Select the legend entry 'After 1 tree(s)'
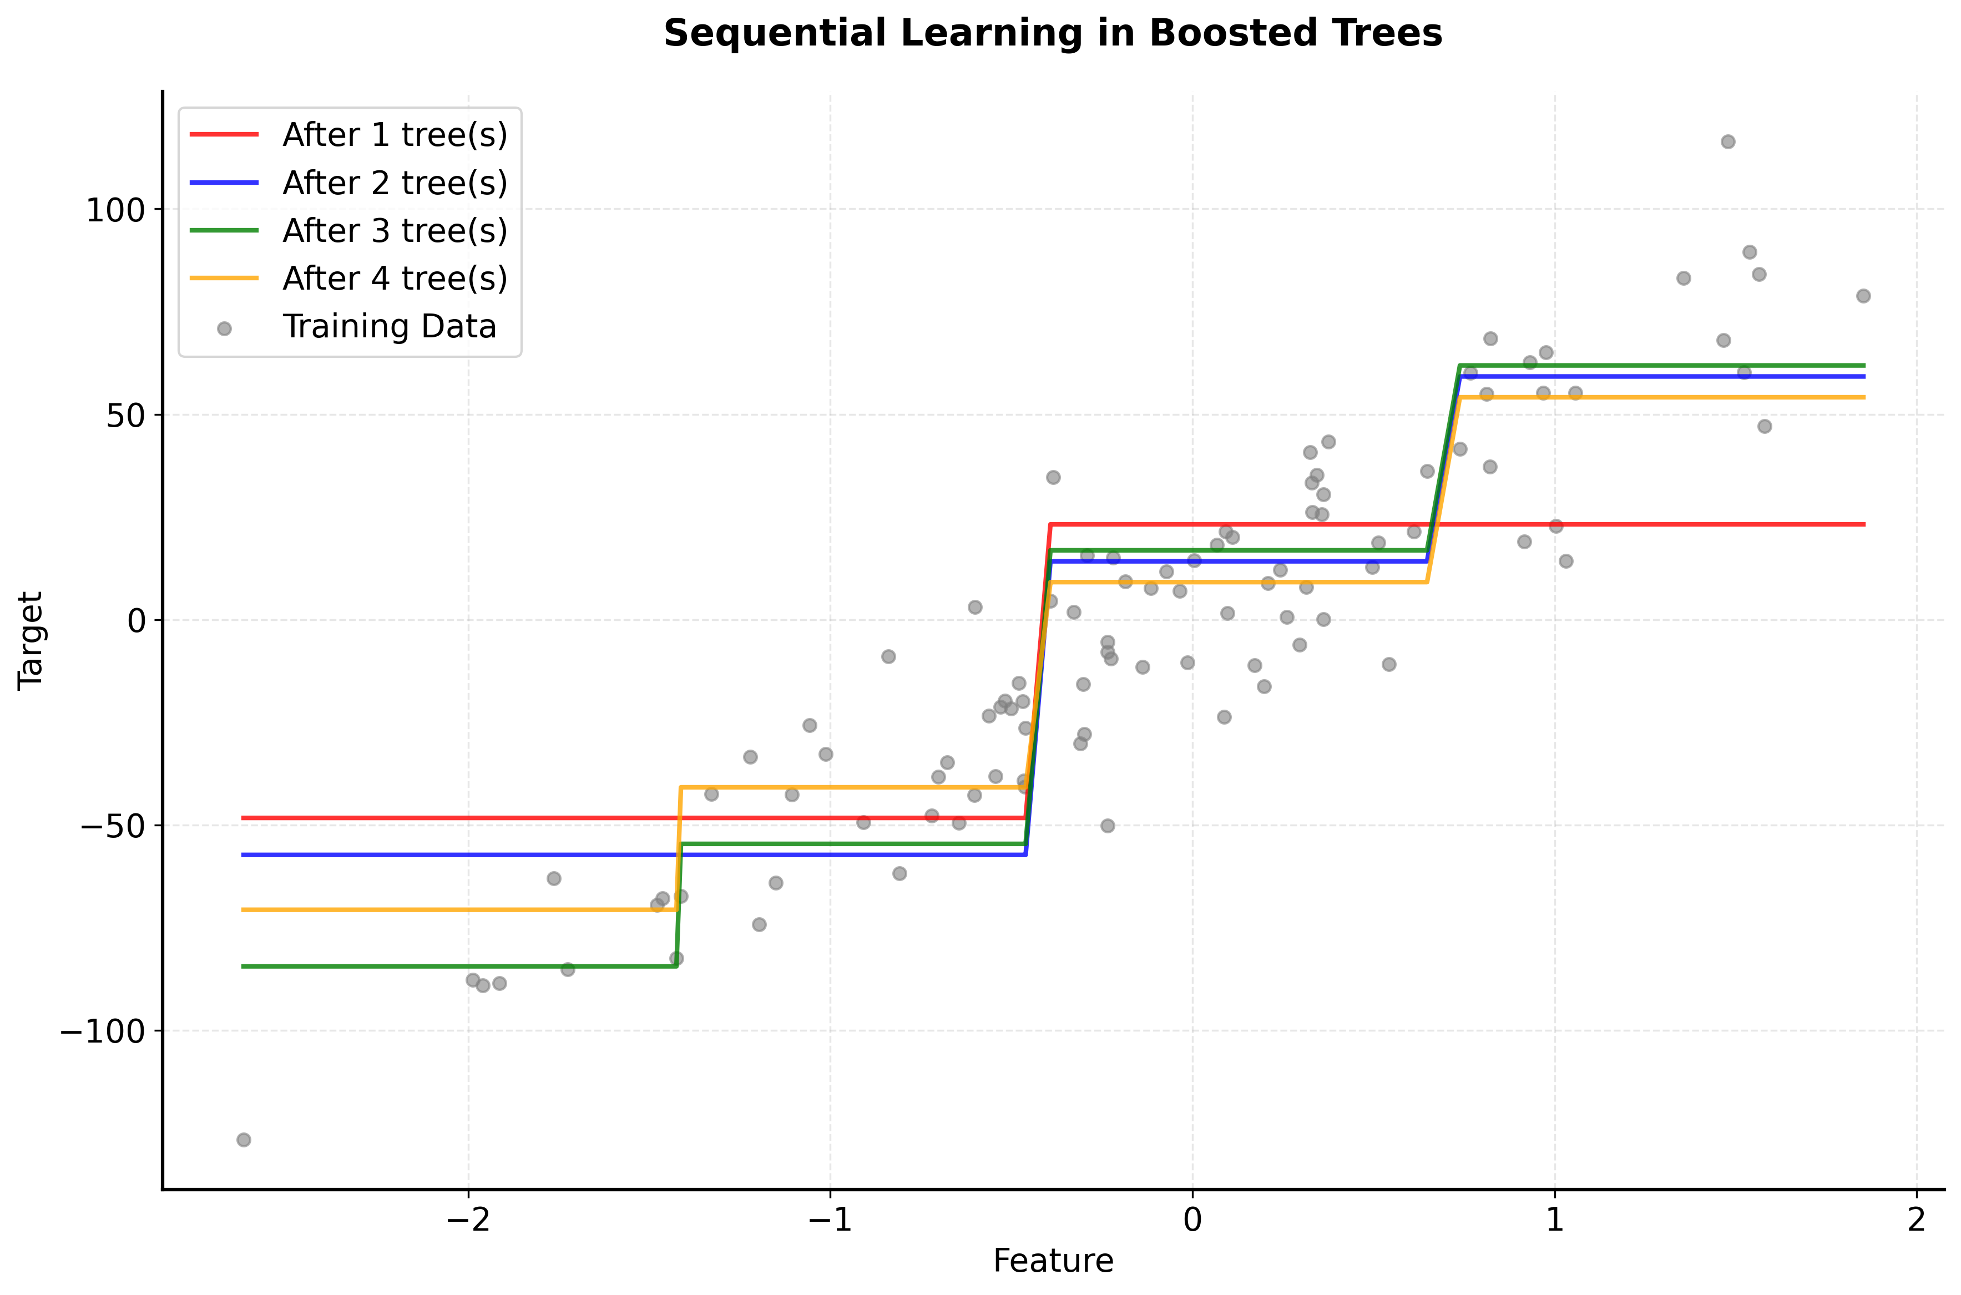pos(394,135)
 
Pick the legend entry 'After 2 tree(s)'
pos(394,183)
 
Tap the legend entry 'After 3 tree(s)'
pos(394,230)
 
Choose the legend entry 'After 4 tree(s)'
pos(394,279)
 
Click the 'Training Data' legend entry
pos(388,327)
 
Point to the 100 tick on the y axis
pos(115,210)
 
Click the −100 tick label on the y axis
pos(103,1031)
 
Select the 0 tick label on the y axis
pos(137,620)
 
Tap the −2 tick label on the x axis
pos(468,1220)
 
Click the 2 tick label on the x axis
pos(1917,1220)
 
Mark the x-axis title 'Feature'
pos(1053,1261)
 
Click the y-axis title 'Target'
pos(31,640)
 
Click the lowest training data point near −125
pos(244,1140)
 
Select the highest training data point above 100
pos(1727,142)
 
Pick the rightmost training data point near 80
pos(1863,296)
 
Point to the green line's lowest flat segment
pos(454,967)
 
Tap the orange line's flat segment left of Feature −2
pos(355,910)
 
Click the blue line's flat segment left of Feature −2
pos(355,855)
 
